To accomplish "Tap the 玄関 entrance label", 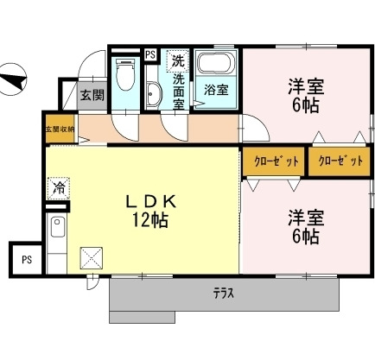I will pyautogui.click(x=92, y=95).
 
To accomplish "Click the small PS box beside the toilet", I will pyautogui.click(x=150, y=54).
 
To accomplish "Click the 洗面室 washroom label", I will pyautogui.click(x=178, y=91).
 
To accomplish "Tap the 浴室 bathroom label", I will pyautogui.click(x=215, y=89).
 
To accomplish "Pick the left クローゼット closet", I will pyautogui.click(x=274, y=161).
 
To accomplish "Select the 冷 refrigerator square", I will pyautogui.click(x=59, y=186).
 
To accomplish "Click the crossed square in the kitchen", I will pyautogui.click(x=92, y=257).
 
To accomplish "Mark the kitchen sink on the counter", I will pyautogui.click(x=58, y=230).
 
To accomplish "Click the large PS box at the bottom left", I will pyautogui.click(x=27, y=258).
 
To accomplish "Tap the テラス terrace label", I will pyautogui.click(x=223, y=293).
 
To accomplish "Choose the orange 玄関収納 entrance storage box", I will pyautogui.click(x=60, y=129).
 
